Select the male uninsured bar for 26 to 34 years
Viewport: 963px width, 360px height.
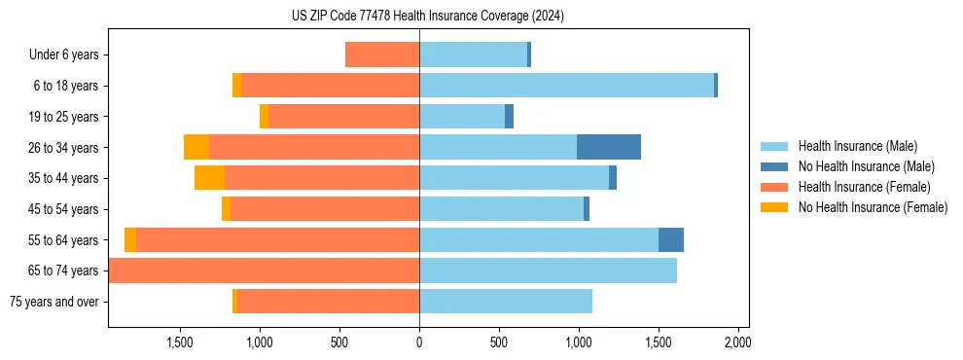pyautogui.click(x=609, y=147)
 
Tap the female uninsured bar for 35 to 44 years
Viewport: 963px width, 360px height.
pyautogui.click(x=209, y=178)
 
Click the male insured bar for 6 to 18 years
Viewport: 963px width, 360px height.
pyautogui.click(x=566, y=86)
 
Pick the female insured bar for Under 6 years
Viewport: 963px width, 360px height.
pyautogui.click(x=382, y=54)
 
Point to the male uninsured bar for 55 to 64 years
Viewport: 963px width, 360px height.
pyautogui.click(x=671, y=239)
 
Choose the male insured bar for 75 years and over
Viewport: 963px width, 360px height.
pyautogui.click(x=506, y=302)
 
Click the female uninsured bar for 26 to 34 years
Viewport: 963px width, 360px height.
pyautogui.click(x=196, y=147)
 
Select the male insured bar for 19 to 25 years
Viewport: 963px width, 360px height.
pyautogui.click(x=462, y=117)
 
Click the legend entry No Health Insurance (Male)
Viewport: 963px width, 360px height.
pyautogui.click(x=858, y=166)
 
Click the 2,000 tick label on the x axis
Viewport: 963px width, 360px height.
pyautogui.click(x=737, y=342)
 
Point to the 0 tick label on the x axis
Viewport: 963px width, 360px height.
pyautogui.click(x=419, y=342)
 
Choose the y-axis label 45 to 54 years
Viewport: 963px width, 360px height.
pyautogui.click(x=66, y=209)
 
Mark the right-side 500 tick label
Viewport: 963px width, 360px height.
pyautogui.click(x=499, y=342)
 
